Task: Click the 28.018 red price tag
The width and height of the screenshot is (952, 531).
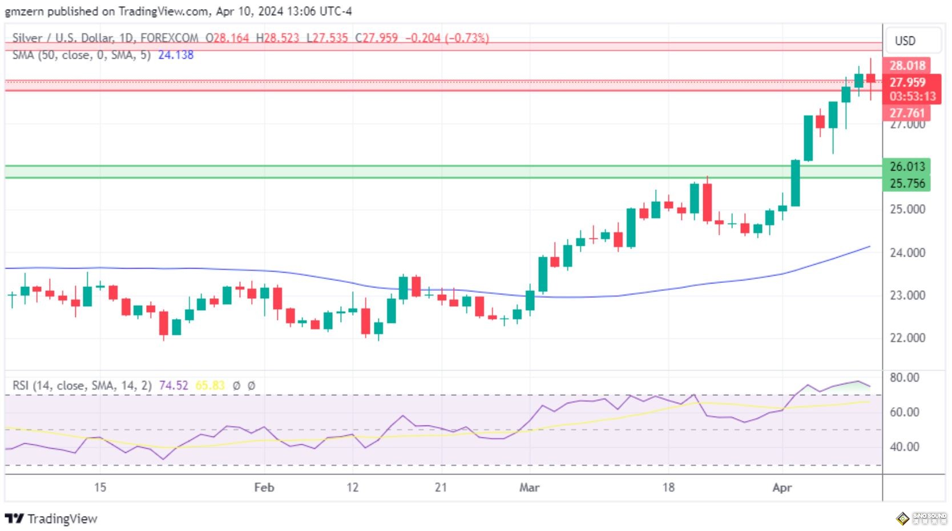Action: (907, 66)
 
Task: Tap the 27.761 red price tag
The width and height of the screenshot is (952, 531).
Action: (907, 113)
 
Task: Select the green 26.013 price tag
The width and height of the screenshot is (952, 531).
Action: (907, 167)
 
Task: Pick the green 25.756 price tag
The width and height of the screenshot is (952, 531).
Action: (907, 184)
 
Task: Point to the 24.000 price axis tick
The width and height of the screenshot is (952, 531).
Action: (907, 253)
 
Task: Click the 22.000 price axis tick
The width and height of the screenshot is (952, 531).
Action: (907, 338)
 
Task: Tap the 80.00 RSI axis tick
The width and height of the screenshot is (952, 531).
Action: (905, 378)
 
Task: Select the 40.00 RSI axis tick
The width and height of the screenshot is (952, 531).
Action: (905, 447)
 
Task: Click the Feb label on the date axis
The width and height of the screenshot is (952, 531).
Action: (264, 488)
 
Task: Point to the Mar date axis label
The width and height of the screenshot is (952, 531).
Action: (529, 488)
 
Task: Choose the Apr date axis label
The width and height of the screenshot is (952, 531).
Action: (782, 488)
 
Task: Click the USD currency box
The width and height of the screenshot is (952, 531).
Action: (905, 41)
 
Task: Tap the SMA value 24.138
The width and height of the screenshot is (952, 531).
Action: (176, 55)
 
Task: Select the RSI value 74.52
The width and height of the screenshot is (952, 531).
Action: (174, 386)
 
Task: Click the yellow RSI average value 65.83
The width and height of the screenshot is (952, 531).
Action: (210, 386)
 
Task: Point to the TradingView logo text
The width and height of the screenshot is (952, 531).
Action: (62, 519)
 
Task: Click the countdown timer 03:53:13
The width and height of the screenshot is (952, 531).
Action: (913, 96)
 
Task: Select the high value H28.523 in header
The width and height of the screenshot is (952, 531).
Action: (277, 38)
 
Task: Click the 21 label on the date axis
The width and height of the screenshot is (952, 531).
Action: (441, 488)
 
